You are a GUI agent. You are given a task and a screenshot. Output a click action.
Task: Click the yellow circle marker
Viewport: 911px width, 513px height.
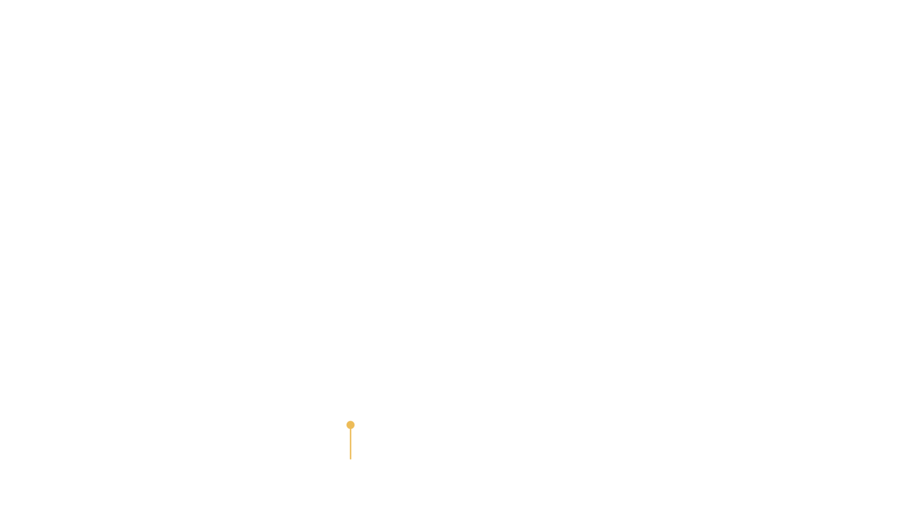[x=350, y=425]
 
